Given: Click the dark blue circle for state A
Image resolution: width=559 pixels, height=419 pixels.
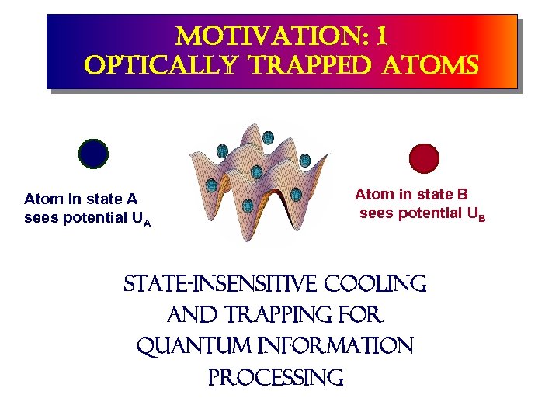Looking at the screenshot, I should point(93,154).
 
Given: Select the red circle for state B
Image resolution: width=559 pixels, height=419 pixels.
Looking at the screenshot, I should point(424,158).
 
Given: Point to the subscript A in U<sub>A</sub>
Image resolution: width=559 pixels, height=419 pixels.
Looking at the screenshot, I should point(147,223).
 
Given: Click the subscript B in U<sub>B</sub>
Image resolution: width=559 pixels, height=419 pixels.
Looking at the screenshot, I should point(481,218).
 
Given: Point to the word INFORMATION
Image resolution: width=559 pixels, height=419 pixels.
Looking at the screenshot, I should point(339,346).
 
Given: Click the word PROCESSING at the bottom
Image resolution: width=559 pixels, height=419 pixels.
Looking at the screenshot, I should point(275,377).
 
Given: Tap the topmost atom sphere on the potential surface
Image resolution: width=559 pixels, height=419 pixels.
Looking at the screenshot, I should point(268,138).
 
